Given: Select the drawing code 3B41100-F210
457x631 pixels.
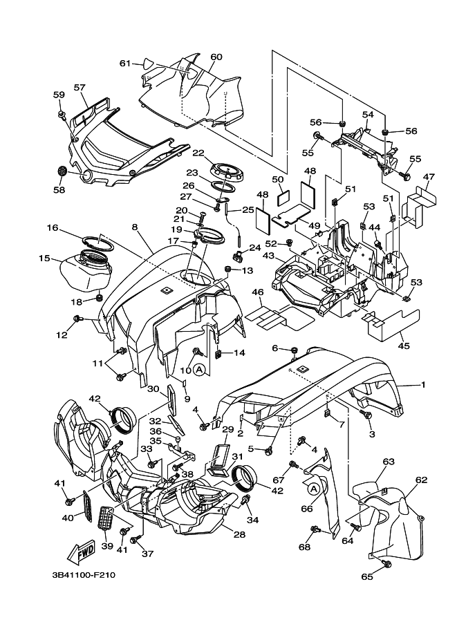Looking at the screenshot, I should [x=83, y=574].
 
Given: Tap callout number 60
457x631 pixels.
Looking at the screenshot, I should [x=216, y=57].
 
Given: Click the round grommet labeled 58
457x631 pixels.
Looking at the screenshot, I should [x=60, y=171].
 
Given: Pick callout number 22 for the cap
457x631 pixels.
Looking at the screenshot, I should [x=198, y=153].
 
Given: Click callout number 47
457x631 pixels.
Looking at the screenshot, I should [x=429, y=178].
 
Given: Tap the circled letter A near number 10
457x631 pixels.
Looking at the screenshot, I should [x=199, y=370].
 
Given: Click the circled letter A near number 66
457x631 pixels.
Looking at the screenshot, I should [x=313, y=489].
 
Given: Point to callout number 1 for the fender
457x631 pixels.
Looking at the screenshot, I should [x=424, y=384].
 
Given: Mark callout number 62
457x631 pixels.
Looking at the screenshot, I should [x=421, y=479].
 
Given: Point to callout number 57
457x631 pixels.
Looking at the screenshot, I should [x=80, y=88].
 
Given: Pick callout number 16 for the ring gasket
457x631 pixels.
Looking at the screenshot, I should [x=53, y=227].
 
